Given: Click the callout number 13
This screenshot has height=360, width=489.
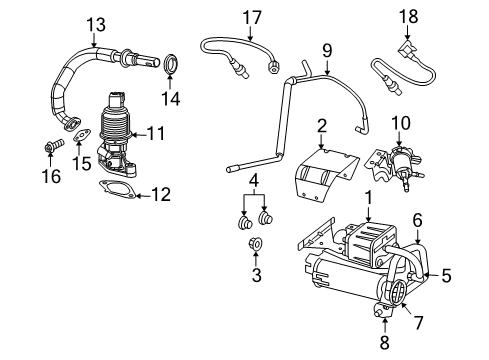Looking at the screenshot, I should click(x=95, y=23).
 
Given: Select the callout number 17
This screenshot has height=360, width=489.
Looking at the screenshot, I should click(x=252, y=16).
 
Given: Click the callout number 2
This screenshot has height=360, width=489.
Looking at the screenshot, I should click(x=321, y=125).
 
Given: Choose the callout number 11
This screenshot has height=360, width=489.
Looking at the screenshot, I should click(x=156, y=132).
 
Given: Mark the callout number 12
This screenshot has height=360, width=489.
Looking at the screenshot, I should click(x=159, y=195).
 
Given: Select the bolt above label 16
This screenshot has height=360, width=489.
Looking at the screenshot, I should click(x=51, y=150).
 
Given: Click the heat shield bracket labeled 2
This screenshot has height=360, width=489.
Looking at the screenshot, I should click(x=324, y=175).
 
